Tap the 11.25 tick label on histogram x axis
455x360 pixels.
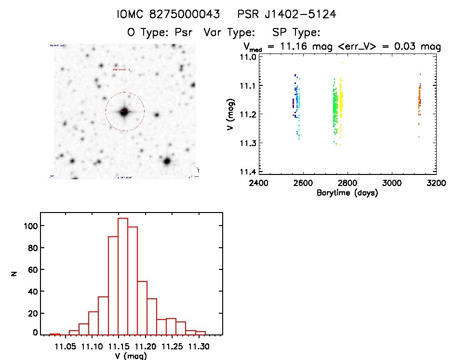pyautogui.click(x=173, y=346)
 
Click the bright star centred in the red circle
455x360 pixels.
pyautogui.click(x=124, y=112)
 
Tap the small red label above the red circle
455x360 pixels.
pyautogui.click(x=122, y=70)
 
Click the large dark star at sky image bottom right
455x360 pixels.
pyautogui.click(x=167, y=161)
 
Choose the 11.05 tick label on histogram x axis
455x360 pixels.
pyautogui.click(x=66, y=346)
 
